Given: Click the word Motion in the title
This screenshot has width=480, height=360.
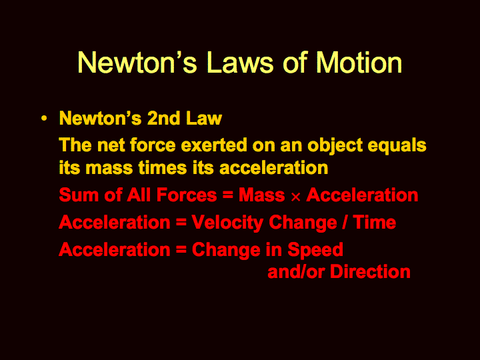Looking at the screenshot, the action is pos(359,63).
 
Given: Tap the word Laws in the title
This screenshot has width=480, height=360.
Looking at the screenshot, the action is pos(240,63).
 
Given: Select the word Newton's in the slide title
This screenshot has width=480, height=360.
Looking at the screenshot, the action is pos(137,63).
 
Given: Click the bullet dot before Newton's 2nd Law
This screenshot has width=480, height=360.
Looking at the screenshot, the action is pos(44,118).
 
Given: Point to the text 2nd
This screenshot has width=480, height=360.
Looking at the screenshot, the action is pos(163,118).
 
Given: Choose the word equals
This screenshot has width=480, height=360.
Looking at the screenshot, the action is pos(397,145).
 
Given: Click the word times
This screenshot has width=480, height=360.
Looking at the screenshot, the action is pos(162,167).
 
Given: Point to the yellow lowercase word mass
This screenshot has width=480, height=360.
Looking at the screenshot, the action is pos(109,169).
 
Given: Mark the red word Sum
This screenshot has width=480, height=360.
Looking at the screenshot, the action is pos(79,195).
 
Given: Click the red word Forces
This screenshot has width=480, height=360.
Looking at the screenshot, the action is pos(187,195).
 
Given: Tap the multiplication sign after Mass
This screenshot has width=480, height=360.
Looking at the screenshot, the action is pos(295,197).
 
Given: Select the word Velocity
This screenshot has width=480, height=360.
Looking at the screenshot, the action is pos(227,223).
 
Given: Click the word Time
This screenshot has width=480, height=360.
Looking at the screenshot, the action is pos(374,222).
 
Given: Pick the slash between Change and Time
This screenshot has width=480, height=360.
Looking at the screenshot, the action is pos(345,222).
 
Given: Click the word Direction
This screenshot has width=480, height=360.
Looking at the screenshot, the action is pos(370,271).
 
